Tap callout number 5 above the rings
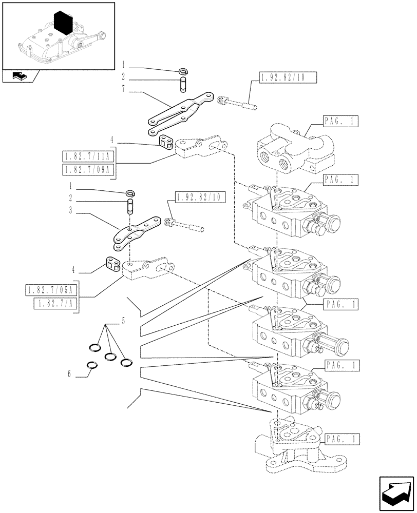[123, 322]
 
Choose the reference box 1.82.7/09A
[88, 170]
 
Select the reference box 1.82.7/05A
[50, 290]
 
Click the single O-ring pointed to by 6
[92, 365]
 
